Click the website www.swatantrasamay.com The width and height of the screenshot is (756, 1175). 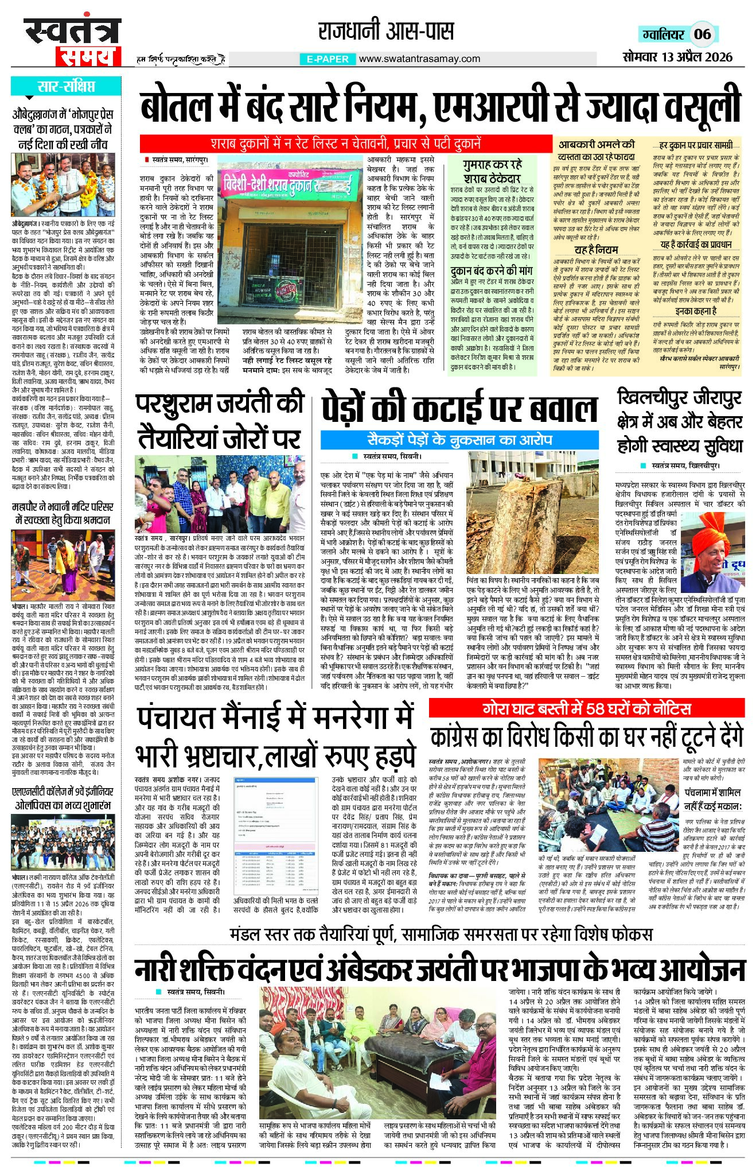[419, 59]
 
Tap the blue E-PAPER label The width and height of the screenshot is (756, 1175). [328, 59]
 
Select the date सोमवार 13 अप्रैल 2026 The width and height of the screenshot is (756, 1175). [677, 56]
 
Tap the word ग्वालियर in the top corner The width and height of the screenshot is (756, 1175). [663, 34]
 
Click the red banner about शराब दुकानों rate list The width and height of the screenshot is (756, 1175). [345, 143]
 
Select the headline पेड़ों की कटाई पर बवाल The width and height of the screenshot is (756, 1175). [459, 409]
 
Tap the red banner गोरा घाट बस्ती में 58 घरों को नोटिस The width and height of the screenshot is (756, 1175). [586, 708]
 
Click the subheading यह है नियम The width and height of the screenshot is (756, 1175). [597, 250]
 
